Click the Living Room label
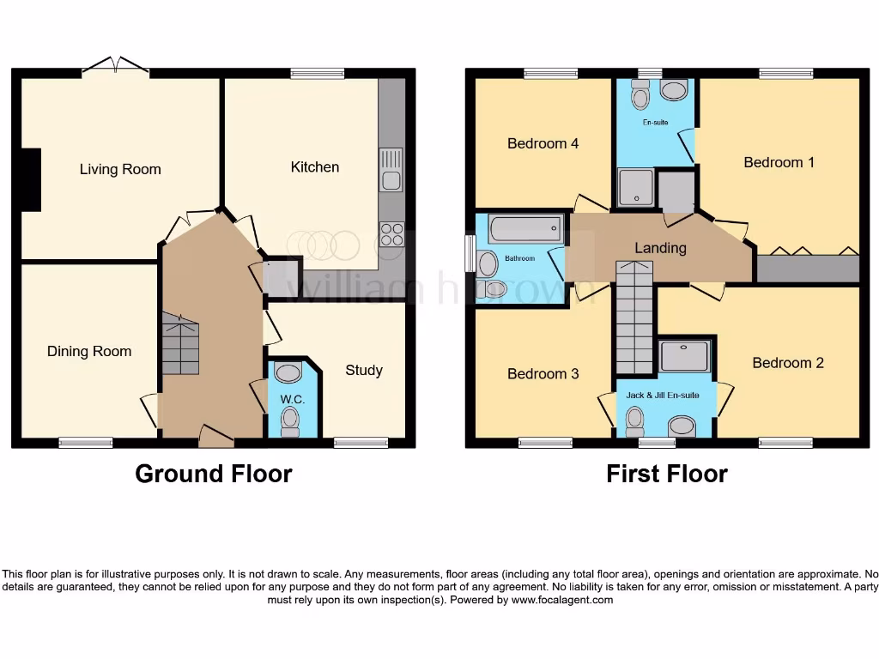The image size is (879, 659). [x=120, y=169]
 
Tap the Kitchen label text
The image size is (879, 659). [x=314, y=166]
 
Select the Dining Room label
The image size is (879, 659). [x=89, y=351]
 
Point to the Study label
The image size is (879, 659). [x=363, y=370]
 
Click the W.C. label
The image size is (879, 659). [x=293, y=400]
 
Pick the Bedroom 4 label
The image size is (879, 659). [x=543, y=143]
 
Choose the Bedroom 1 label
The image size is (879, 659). [x=779, y=162]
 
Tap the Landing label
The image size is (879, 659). [x=660, y=248]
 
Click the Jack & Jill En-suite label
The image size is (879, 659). [x=662, y=395]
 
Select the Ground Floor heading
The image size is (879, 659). [x=213, y=474]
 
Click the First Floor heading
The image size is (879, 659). [x=666, y=474]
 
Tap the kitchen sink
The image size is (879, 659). [x=391, y=169]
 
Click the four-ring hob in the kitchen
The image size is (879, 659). [x=391, y=234]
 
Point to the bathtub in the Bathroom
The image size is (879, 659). [x=524, y=229]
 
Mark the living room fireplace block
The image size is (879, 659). [x=31, y=179]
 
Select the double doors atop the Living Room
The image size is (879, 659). [x=116, y=66]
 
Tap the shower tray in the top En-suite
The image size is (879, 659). [x=636, y=189]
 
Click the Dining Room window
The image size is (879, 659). [x=86, y=443]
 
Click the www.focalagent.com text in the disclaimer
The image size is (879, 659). [x=562, y=600]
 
